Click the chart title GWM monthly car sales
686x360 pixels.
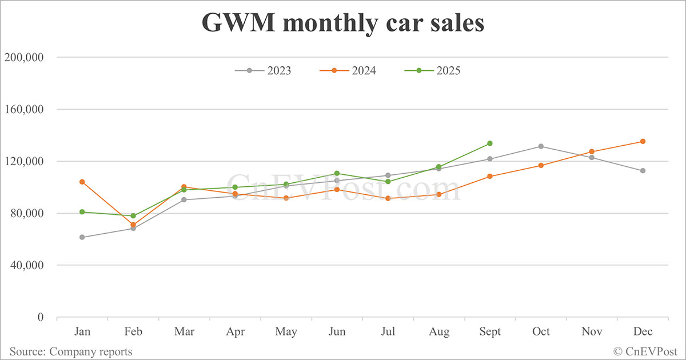pos(342,24)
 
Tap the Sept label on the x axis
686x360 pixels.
pos(490,332)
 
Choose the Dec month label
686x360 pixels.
pos(643,332)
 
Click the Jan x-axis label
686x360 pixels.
pos(82,332)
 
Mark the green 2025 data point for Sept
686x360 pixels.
pos(490,143)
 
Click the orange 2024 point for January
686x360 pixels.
pos(82,182)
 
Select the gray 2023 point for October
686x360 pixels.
pos(541,146)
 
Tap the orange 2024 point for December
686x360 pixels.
pos(643,141)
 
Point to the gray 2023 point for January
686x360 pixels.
pos(82,237)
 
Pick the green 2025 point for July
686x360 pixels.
pos(388,182)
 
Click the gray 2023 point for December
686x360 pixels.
pos(643,170)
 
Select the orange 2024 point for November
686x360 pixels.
pos(592,151)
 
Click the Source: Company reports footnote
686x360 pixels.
pos(71,351)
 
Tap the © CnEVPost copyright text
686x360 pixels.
pos(645,351)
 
